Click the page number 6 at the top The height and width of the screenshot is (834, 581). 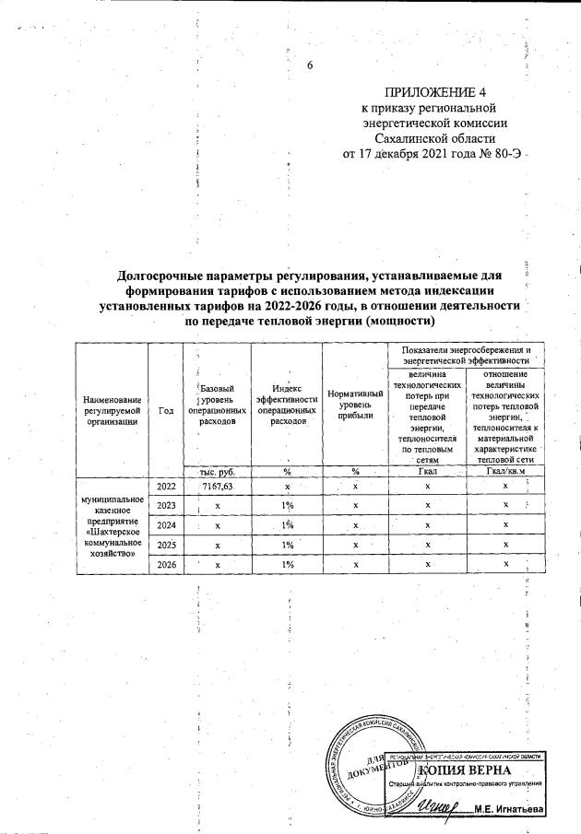[310, 65]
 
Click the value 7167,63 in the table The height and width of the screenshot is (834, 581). [218, 485]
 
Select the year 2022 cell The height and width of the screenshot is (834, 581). [166, 485]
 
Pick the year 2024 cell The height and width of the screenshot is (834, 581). [166, 525]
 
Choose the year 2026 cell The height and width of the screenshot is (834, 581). [166, 564]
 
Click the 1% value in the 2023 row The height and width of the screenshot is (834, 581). [288, 505]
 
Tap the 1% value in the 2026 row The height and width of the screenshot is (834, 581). [288, 564]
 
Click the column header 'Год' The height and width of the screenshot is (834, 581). [166, 410]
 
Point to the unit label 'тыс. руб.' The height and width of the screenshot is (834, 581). [218, 471]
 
